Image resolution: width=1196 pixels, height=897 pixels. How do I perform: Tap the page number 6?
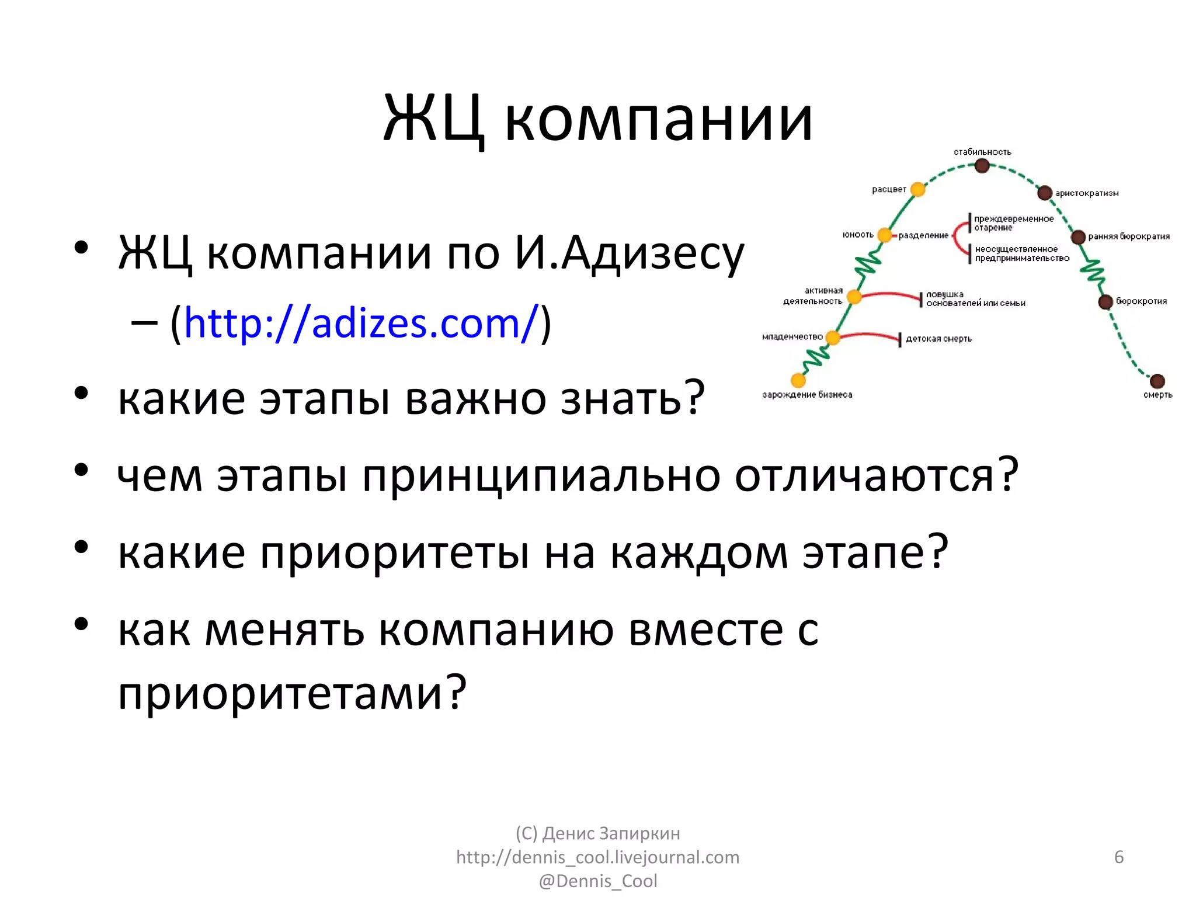point(1119,857)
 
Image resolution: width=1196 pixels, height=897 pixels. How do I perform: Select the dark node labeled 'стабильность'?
point(982,166)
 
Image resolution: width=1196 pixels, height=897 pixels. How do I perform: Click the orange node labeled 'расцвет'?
point(918,189)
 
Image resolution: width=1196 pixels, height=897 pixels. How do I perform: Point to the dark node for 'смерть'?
point(1157,381)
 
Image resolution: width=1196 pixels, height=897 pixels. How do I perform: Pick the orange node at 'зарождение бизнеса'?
point(798,380)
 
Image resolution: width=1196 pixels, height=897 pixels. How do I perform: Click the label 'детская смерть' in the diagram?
point(938,339)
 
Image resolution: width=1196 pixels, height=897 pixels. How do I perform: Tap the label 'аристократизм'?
point(1087,193)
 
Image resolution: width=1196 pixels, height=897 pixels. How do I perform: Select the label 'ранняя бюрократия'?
point(1129,237)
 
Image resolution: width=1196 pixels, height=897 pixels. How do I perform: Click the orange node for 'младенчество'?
point(833,338)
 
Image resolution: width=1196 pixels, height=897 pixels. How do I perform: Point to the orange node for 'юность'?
point(885,235)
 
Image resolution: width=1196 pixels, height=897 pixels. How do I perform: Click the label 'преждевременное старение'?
point(1014,223)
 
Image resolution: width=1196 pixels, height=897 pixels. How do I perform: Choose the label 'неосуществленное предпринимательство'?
point(1022,253)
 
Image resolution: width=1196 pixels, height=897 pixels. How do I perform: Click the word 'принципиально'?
point(541,475)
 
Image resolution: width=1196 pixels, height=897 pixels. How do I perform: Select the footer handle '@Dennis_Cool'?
point(598,881)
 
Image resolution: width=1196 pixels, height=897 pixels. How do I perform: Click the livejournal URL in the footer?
point(598,857)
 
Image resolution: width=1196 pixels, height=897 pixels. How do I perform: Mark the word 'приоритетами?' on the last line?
point(292,692)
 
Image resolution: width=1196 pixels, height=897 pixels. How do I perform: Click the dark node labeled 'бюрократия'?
point(1105,302)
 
